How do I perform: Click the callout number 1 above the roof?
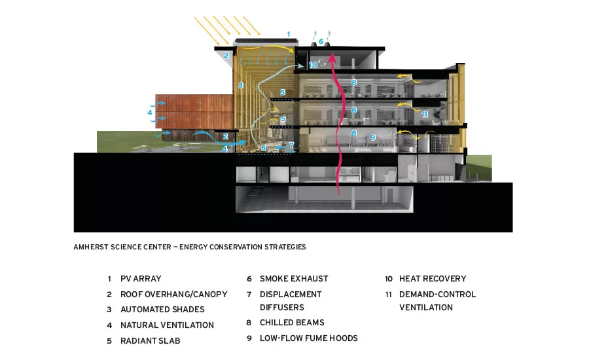(x=289, y=34)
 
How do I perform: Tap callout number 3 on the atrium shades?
(x=241, y=85)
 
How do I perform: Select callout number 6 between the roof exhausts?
(x=321, y=41)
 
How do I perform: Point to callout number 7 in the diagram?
(x=291, y=145)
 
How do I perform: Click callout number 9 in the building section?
(x=373, y=137)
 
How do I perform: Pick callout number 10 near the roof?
(x=313, y=65)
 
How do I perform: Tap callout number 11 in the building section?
(x=425, y=114)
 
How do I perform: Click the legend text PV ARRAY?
(x=141, y=279)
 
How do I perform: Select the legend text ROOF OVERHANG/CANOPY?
(x=174, y=295)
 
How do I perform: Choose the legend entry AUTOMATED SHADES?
(x=163, y=309)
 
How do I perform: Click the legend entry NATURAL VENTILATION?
(x=167, y=325)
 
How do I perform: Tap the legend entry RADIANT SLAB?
(x=151, y=341)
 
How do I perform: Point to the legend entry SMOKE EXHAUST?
(x=294, y=279)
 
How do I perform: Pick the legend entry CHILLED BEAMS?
(x=293, y=323)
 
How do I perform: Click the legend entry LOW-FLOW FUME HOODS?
(x=309, y=338)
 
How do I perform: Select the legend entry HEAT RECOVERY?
(x=433, y=279)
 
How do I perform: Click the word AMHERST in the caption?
(x=90, y=247)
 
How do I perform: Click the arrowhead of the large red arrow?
(x=332, y=56)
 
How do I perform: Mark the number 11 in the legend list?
(x=388, y=295)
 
